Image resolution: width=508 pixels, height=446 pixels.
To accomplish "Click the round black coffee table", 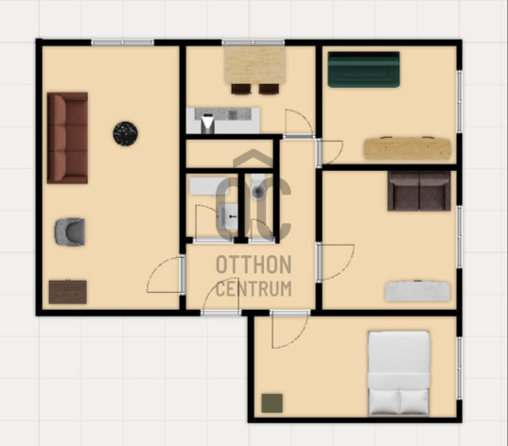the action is point(126,133).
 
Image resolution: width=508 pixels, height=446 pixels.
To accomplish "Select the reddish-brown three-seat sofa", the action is point(67,138).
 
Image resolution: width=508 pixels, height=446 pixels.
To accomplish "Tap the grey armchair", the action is point(70,232).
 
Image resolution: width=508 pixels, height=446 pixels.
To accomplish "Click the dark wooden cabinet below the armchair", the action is point(68,292).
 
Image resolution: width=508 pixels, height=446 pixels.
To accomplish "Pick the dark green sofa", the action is point(364,70).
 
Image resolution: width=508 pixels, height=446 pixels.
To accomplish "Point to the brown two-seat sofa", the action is point(419,191).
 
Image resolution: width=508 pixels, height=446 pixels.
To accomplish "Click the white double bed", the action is point(399,373).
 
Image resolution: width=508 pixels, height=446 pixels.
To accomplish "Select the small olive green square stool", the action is point(272,403).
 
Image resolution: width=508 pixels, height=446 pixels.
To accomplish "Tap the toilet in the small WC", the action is point(258,187).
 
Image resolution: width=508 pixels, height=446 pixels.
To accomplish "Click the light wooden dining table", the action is point(255,65).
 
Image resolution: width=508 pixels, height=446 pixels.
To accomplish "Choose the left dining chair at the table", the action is point(241,89).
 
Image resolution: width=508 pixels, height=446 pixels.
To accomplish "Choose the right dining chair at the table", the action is point(269,89).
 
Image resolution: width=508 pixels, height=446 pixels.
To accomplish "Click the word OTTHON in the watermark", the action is point(254,265).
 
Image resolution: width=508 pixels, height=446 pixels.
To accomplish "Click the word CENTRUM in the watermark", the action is point(254,289).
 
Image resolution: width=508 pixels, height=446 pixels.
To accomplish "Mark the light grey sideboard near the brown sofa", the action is point(418,291).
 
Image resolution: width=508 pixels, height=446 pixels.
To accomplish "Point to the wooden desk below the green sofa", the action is point(407,148).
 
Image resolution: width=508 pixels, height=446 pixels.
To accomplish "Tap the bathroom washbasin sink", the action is point(228,216).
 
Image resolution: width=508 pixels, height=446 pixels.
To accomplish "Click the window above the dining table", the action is point(253,43).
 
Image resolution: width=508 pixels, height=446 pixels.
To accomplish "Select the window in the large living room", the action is point(122,43).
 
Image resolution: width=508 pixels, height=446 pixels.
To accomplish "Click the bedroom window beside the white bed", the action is point(459,368).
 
